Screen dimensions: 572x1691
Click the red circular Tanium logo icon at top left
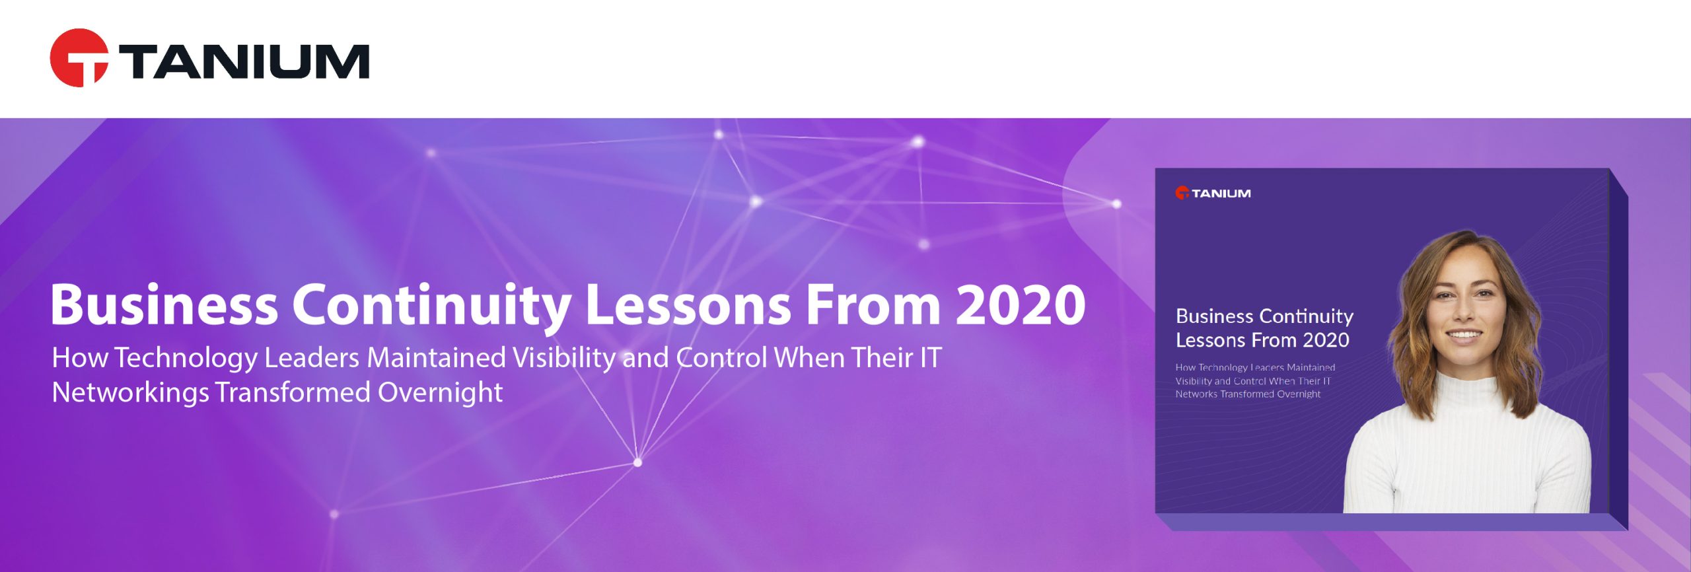point(79,58)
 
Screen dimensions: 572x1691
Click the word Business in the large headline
point(164,305)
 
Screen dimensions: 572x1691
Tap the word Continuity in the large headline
point(431,305)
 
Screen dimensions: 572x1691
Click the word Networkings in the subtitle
point(130,393)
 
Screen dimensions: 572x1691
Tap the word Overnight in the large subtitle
point(440,393)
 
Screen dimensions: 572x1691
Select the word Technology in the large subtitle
point(186,359)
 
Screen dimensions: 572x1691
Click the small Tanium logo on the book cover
point(1213,194)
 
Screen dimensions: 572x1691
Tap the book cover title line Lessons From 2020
point(1262,341)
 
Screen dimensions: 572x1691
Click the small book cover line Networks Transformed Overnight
point(1247,394)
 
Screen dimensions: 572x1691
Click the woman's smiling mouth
point(1465,336)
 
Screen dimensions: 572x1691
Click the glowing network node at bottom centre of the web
point(637,462)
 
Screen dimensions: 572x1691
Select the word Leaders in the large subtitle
point(312,358)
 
